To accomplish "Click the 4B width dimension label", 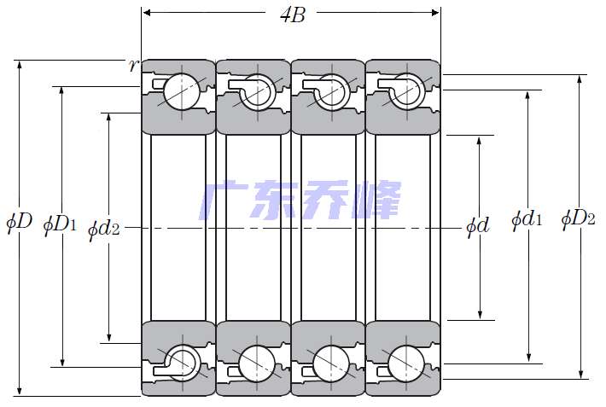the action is coord(293,15).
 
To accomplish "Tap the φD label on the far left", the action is coord(20,222).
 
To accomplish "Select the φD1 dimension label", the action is coord(60,224).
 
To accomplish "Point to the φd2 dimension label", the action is coord(103,229).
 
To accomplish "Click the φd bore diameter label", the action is coord(478,226).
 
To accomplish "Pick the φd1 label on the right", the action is coord(527,219).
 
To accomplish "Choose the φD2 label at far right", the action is coord(578,219).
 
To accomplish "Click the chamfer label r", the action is coord(133,66).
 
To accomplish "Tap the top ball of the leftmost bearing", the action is coord(182,91).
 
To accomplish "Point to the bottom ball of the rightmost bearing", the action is coord(405,363).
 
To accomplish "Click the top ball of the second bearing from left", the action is coord(257,91).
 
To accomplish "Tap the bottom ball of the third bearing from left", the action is coord(331,363).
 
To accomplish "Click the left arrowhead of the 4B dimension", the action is coord(147,13).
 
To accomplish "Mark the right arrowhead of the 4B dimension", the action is coord(435,13).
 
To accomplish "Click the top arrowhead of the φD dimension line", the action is coord(20,65).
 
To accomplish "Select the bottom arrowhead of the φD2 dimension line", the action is coord(580,374).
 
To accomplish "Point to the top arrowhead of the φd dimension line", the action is coord(479,141).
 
